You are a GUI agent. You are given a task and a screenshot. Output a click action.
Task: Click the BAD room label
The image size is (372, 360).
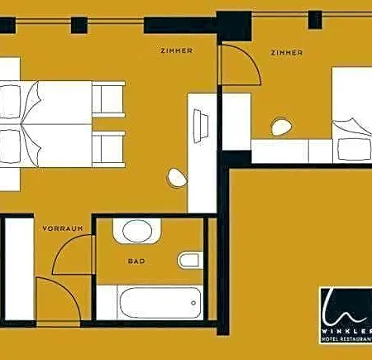pyautogui.click(x=136, y=261)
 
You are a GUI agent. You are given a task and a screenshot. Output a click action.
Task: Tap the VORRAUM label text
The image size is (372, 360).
pyautogui.click(x=63, y=228)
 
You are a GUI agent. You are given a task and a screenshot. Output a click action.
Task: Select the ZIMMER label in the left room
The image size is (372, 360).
pyautogui.click(x=176, y=50)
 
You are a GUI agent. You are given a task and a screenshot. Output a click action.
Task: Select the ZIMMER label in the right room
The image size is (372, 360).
pyautogui.click(x=287, y=52)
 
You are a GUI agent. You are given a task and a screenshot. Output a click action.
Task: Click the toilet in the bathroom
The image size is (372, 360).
pyautogui.click(x=190, y=260)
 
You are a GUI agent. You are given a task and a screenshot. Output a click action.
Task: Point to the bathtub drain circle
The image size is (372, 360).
pyautogui.click(x=193, y=303)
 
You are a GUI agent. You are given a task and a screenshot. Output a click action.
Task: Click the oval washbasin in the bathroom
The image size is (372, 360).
pyautogui.click(x=137, y=231)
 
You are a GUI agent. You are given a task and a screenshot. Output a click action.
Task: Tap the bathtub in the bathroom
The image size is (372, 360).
pyautogui.click(x=160, y=303)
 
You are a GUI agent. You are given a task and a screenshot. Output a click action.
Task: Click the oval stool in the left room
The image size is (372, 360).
pyautogui.click(x=178, y=178)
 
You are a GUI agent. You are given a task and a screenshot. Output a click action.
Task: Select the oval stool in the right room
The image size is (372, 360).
pyautogui.click(x=282, y=127)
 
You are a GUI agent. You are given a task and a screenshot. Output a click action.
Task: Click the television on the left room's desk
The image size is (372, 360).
pyautogui.click(x=201, y=126)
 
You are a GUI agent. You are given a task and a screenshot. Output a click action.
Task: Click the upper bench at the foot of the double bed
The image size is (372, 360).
pyautogui.click(x=108, y=99)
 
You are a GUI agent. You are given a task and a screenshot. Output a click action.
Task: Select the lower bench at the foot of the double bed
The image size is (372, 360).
pyautogui.click(x=108, y=150)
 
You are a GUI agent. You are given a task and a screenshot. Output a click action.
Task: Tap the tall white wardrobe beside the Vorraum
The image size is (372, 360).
pyautogui.click(x=19, y=269)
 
